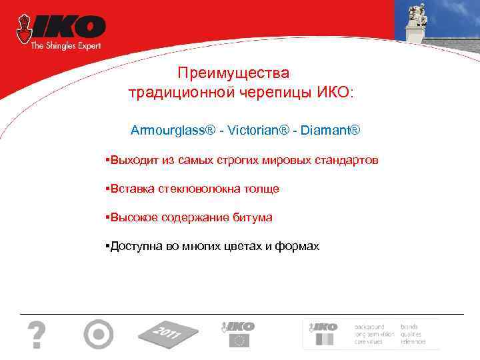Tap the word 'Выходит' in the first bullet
coord(131,161)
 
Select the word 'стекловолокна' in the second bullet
coord(200,189)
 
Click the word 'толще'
coord(263,189)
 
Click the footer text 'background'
coord(369,327)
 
